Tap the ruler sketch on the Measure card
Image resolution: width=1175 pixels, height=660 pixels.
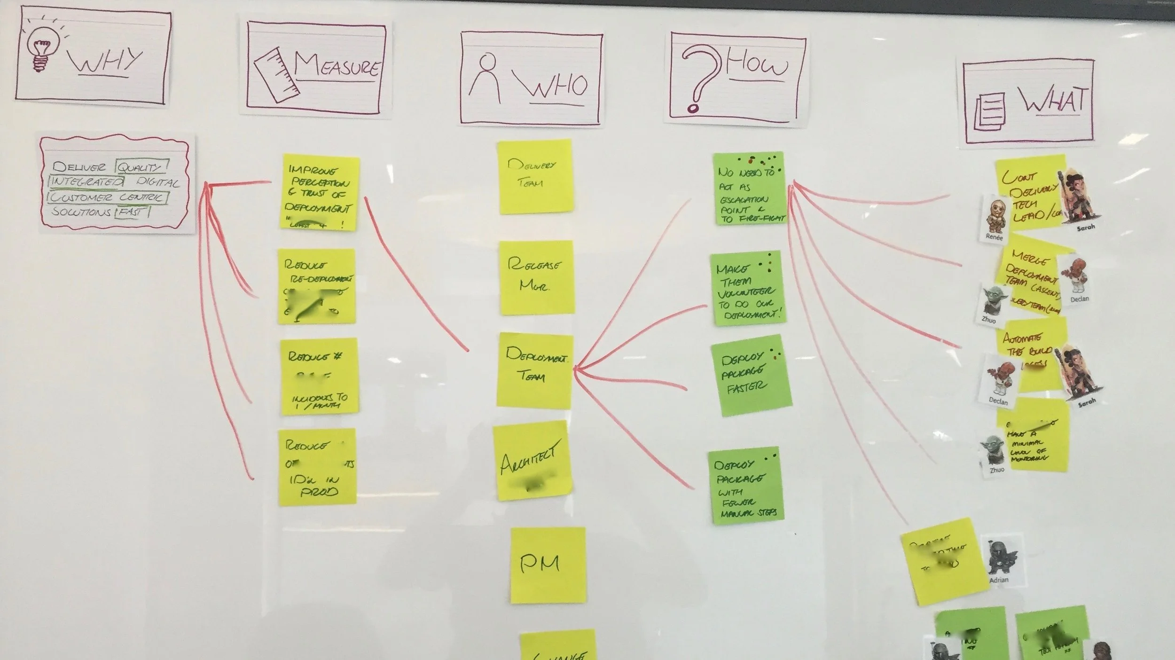coord(277,72)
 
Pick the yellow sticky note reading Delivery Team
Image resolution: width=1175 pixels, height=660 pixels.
coord(535,176)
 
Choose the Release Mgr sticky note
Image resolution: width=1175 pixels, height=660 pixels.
coord(536,277)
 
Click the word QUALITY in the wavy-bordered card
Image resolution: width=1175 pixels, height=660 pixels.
coord(141,167)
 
